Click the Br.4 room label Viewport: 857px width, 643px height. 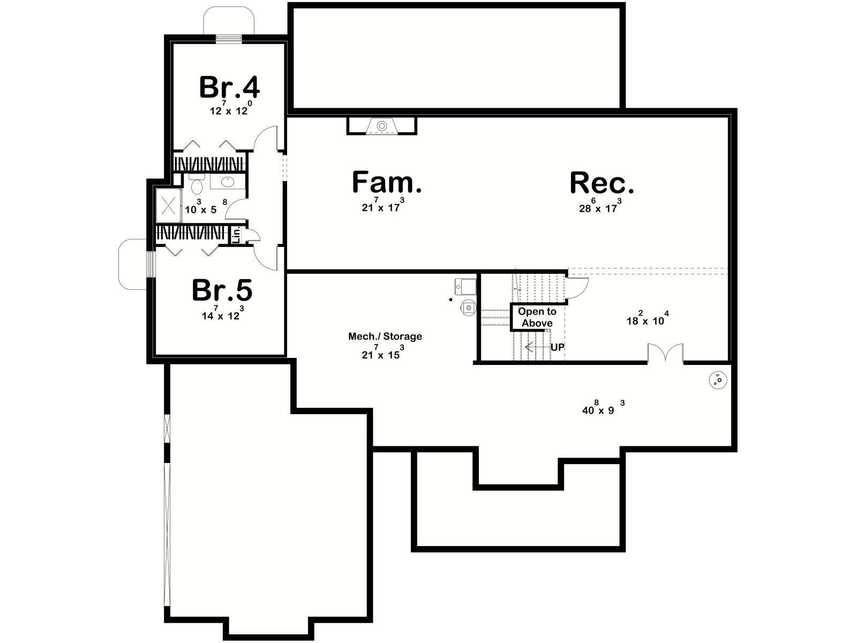click(229, 87)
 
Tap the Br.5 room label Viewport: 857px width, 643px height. click(222, 290)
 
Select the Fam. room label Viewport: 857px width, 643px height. click(387, 182)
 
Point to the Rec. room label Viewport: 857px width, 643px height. click(602, 183)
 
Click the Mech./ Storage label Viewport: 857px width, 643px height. click(385, 336)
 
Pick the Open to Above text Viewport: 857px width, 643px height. click(537, 317)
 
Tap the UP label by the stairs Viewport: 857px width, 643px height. click(558, 347)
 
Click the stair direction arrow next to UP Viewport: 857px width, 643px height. click(537, 347)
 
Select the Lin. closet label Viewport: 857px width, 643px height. click(236, 235)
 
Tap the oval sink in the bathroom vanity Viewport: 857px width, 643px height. click(227, 182)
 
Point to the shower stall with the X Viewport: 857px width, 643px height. click(169, 205)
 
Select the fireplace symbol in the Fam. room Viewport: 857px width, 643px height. click(382, 126)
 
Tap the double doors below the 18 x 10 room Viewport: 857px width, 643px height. click(666, 353)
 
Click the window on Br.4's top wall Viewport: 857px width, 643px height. click(229, 38)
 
